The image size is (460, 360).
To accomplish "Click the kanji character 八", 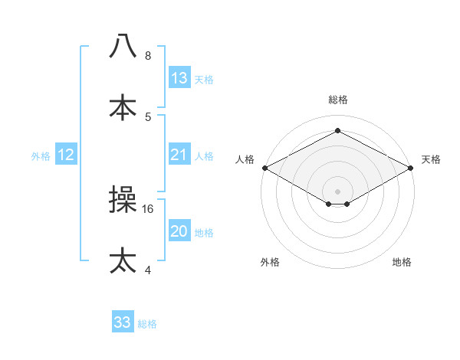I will tap(123, 47).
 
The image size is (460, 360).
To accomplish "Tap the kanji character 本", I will tap(123, 107).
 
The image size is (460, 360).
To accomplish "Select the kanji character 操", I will tap(123, 201).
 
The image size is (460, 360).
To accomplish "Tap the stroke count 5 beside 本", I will tap(148, 116).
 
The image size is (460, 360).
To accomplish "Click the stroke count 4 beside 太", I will tap(148, 270).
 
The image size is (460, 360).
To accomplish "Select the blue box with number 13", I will tap(179, 78).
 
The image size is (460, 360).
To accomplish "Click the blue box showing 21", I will tap(179, 155).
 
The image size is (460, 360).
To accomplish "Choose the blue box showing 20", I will tap(179, 231).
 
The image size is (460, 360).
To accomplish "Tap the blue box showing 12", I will tap(66, 155).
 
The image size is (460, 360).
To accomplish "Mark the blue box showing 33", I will tap(123, 322).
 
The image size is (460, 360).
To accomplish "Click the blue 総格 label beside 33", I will tap(147, 324).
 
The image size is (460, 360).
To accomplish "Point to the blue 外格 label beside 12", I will tap(41, 156).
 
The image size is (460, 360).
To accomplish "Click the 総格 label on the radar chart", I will tap(337, 100).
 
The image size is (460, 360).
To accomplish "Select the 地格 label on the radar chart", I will tap(402, 263).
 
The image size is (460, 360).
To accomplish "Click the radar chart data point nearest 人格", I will tap(264, 168).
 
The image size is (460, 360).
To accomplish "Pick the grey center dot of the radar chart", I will tap(337, 190).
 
